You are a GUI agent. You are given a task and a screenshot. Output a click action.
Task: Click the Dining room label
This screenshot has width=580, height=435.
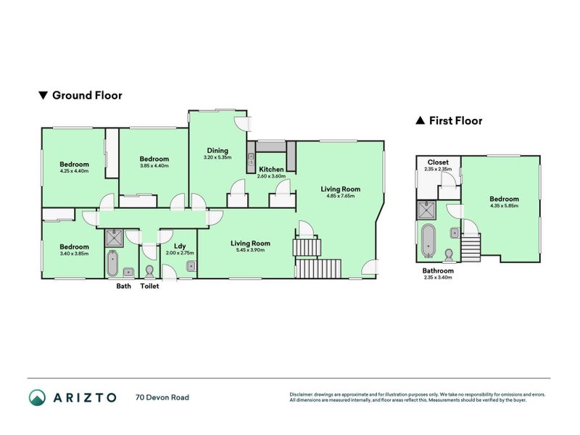(217, 151)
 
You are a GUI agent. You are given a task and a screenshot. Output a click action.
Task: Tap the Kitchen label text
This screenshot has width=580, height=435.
(271, 170)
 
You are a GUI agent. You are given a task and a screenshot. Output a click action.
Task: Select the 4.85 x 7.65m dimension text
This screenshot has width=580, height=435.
(340, 196)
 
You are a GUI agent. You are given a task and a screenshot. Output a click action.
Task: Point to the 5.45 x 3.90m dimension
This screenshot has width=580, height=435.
(250, 250)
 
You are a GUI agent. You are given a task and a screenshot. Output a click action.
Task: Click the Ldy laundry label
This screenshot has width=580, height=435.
(180, 246)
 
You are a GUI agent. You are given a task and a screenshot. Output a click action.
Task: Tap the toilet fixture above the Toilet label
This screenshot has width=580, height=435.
(149, 271)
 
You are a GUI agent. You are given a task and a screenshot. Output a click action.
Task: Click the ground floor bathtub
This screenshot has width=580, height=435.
(112, 263)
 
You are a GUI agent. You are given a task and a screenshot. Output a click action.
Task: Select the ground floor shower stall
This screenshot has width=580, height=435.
(114, 239)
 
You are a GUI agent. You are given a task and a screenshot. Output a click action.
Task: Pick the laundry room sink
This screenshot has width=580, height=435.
(191, 266)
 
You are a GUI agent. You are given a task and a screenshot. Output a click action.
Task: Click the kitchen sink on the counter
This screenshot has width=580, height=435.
(251, 159)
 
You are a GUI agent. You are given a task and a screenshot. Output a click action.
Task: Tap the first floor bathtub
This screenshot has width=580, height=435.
(428, 241)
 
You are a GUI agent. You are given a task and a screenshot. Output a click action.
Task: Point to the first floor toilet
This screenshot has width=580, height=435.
(449, 255)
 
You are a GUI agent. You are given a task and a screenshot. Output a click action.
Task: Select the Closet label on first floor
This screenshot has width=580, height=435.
(438, 162)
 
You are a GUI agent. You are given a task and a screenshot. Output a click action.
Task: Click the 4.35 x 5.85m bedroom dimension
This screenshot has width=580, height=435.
(504, 206)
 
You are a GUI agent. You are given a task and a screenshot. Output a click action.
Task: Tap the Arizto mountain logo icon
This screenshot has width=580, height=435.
(38, 397)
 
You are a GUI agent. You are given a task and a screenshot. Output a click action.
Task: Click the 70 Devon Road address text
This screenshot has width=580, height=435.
(162, 397)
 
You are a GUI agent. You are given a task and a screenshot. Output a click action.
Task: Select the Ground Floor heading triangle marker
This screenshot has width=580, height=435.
(43, 96)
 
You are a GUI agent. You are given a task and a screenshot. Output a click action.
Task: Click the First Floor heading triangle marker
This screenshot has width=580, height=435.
(420, 120)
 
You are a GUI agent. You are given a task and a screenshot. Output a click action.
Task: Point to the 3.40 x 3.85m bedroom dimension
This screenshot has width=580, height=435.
(75, 254)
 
